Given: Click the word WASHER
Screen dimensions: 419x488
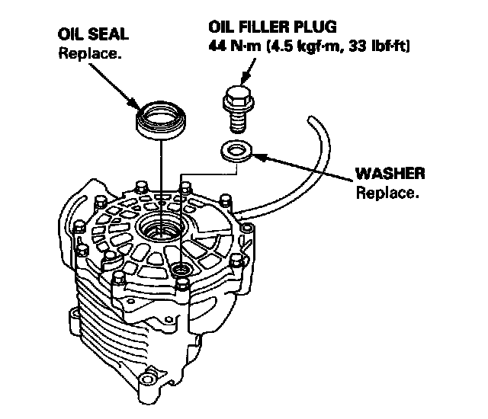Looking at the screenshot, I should pos(390,174).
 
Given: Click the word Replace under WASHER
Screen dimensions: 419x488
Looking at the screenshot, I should pos(387,192).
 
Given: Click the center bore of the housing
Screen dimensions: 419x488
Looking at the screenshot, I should pos(160,228).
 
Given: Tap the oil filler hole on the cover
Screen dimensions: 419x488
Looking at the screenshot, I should pos(181,270).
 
